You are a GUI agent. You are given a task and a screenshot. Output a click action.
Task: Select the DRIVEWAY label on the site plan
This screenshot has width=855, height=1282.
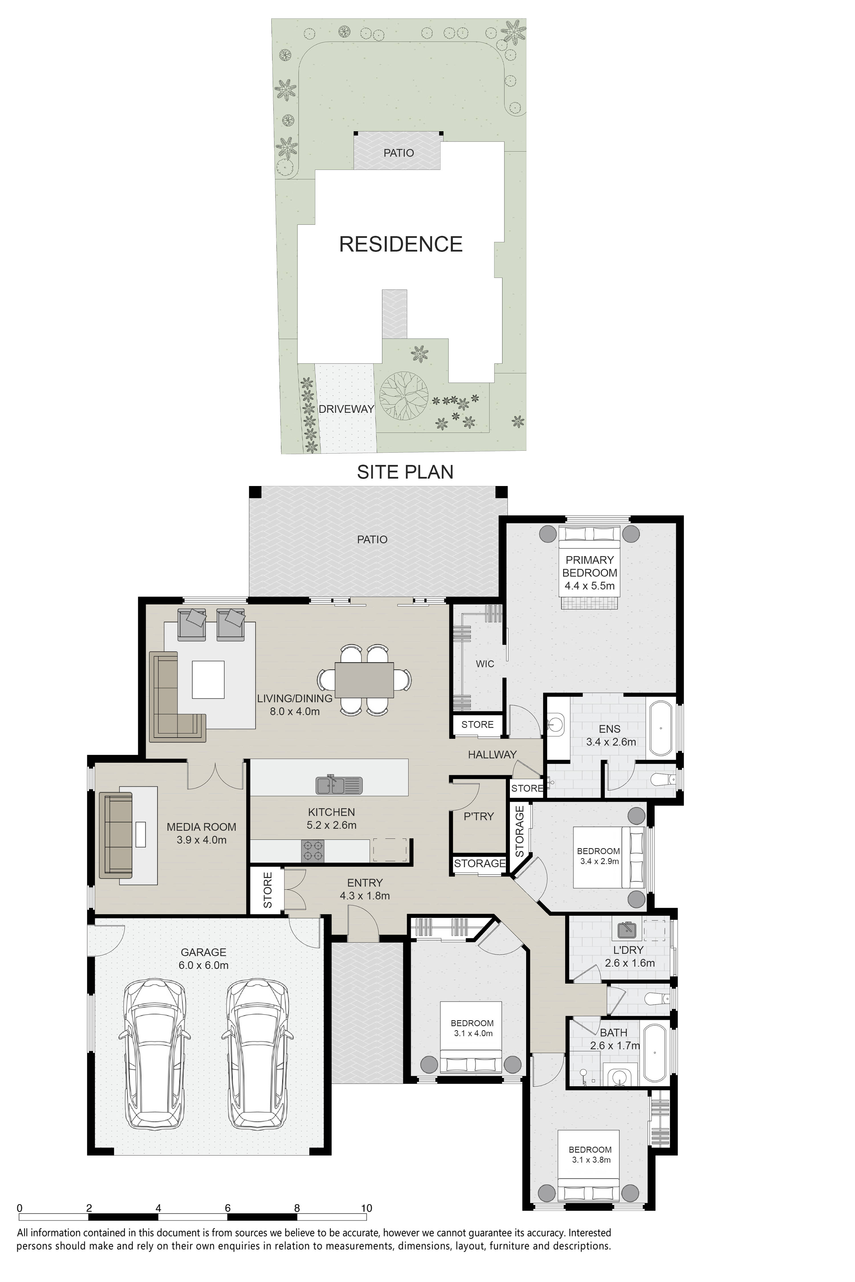[346, 409]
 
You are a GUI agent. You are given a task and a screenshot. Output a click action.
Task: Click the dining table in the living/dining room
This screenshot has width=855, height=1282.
[364, 680]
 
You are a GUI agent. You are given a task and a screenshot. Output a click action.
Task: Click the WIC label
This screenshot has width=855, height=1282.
[485, 664]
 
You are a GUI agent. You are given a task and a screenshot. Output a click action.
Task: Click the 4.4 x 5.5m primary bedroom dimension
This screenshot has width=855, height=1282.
[589, 586]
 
